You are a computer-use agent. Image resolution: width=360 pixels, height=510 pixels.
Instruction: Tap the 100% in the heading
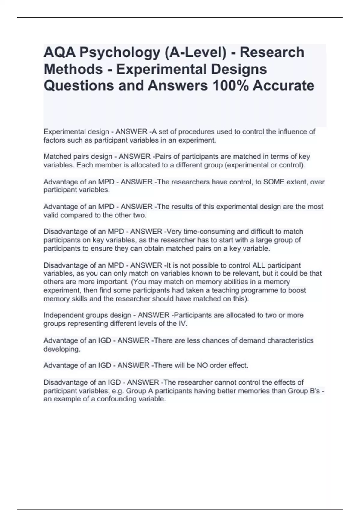tap(230, 85)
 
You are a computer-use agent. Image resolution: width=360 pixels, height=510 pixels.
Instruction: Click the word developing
tap(62, 349)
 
